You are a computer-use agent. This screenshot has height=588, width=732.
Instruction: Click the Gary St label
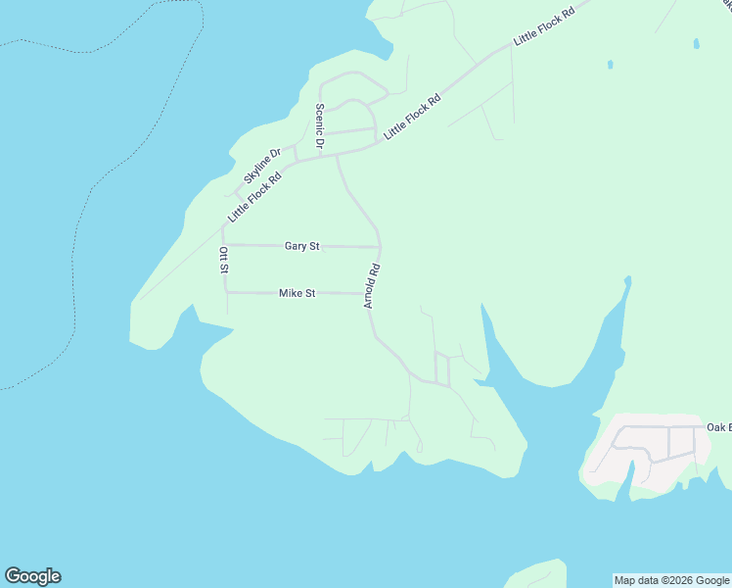click(x=301, y=246)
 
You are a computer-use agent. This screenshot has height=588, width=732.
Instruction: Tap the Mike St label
click(x=297, y=293)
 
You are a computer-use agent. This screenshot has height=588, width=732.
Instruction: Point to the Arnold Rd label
click(x=371, y=285)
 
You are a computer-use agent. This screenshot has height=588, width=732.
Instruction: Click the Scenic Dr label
click(x=319, y=126)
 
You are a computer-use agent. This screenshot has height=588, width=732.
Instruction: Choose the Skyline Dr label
click(x=262, y=165)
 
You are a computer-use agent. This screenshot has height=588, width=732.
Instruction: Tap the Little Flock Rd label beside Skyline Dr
click(x=254, y=197)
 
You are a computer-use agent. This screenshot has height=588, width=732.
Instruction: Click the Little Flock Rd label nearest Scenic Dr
click(x=412, y=117)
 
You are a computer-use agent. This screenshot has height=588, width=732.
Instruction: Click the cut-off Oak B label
click(x=718, y=427)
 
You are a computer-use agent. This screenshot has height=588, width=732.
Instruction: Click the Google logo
click(x=32, y=576)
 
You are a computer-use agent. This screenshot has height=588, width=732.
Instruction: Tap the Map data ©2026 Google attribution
click(x=671, y=580)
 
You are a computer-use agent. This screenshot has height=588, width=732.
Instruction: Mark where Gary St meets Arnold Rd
click(x=379, y=247)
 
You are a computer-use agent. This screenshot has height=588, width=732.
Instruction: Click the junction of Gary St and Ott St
click(x=224, y=245)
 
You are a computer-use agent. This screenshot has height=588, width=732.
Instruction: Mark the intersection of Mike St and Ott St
click(x=226, y=291)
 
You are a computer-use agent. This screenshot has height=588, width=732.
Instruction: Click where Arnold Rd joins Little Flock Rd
click(x=338, y=154)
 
